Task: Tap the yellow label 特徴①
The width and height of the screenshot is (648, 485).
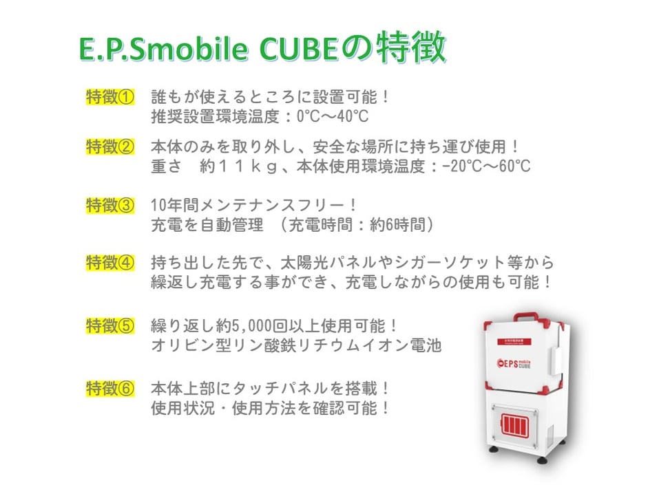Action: pyautogui.click(x=109, y=96)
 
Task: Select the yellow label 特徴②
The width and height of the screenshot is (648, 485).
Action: pyautogui.click(x=109, y=147)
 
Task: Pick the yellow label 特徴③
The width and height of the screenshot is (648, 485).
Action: pyautogui.click(x=109, y=205)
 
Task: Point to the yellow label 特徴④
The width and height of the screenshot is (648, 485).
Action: pyautogui.click(x=109, y=262)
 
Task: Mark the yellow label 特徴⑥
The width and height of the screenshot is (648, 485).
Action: pyautogui.click(x=109, y=388)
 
